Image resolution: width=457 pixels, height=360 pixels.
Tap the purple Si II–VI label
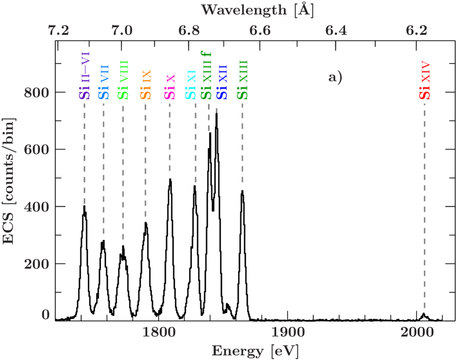coord(85,75)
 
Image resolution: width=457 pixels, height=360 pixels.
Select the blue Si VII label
coord(104,82)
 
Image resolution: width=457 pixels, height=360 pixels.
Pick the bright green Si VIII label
coord(123,80)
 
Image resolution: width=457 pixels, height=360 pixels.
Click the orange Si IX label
coord(145,85)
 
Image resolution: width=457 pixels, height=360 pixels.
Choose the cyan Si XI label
coord(191,83)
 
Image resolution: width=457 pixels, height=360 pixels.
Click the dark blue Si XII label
coord(222,82)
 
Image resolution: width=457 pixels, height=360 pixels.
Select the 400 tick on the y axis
coord(36,207)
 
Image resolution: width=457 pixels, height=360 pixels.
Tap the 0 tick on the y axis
coord(45,315)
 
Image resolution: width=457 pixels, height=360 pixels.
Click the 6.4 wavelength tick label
coord(335,30)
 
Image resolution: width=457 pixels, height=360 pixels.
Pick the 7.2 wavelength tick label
coord(59,30)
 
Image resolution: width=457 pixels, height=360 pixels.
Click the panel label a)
coord(335,77)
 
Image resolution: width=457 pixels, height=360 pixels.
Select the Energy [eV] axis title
coord(255,351)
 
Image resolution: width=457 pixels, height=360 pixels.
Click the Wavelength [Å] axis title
coord(258,10)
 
